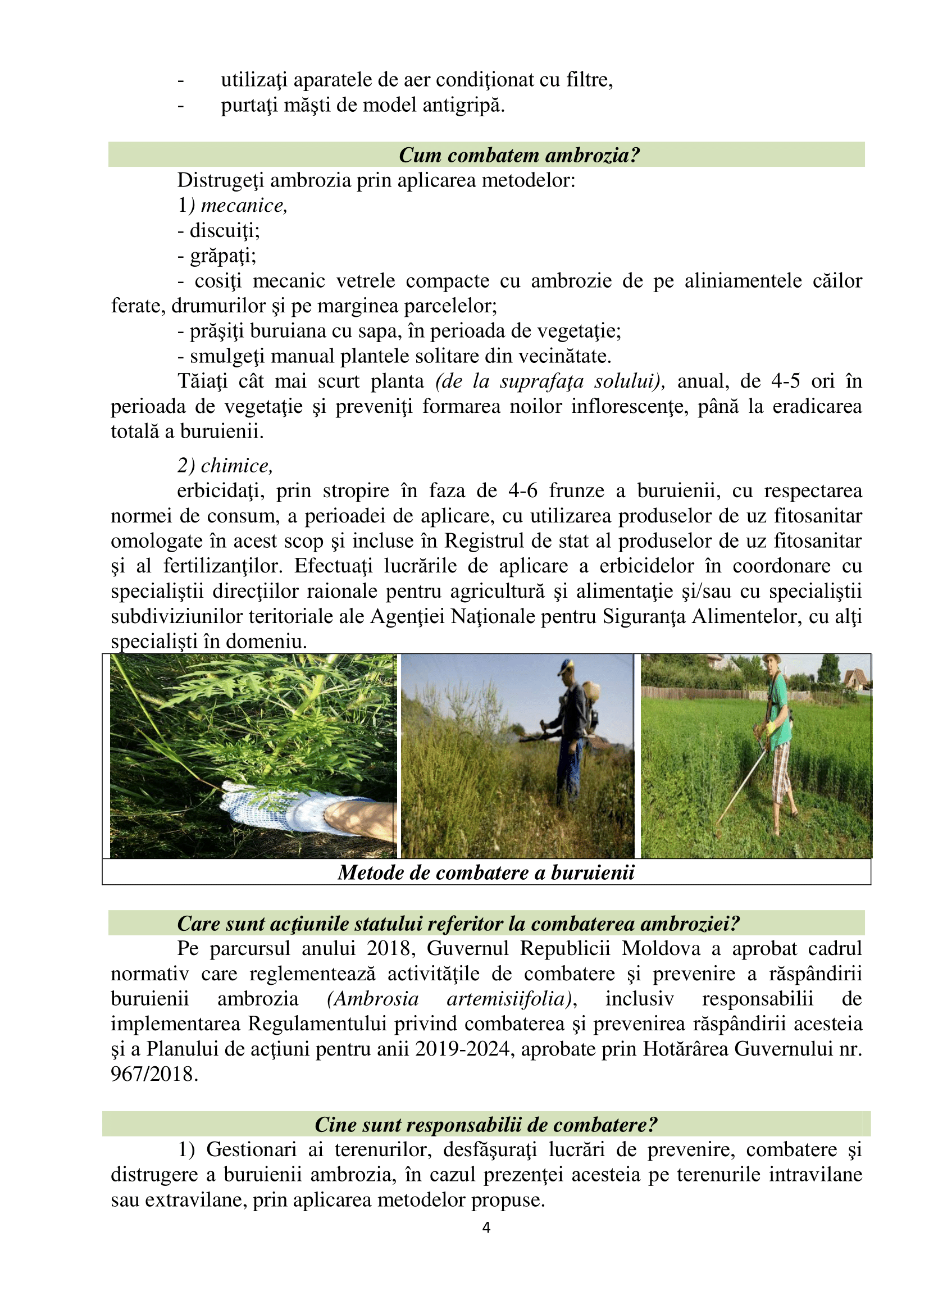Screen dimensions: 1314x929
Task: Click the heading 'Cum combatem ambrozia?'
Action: coord(519,155)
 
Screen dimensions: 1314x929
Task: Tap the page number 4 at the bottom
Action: coord(486,1227)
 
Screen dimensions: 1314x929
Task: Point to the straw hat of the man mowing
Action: coord(775,658)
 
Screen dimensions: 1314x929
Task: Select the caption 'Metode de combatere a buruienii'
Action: coord(486,872)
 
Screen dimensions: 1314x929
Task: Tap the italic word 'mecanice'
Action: coord(244,206)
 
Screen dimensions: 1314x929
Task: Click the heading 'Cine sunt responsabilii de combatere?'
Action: coord(486,1125)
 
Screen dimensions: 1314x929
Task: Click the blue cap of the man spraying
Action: coord(566,666)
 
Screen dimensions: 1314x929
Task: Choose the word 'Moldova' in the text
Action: coord(661,948)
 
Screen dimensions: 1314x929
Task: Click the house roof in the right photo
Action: coord(856,676)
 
